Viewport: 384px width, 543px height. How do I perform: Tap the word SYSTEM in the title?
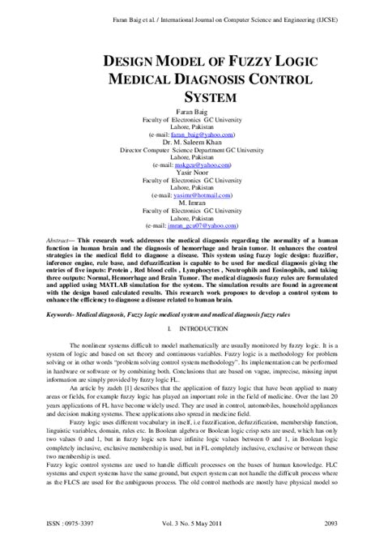(x=192, y=96)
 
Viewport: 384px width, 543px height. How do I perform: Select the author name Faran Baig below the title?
(x=192, y=109)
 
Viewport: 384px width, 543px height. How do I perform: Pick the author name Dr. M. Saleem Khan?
(x=192, y=139)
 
